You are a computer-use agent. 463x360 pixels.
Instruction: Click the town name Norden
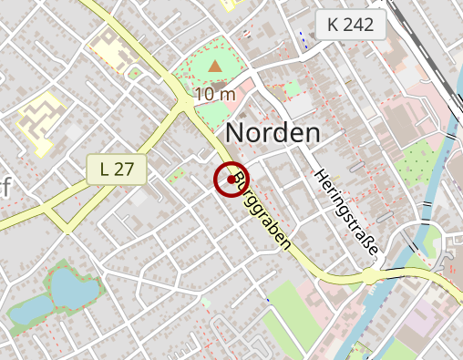click(x=273, y=133)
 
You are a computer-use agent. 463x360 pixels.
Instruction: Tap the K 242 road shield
click(x=350, y=26)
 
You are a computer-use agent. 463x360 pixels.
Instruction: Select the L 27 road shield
click(x=118, y=169)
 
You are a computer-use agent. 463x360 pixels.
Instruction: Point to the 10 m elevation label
click(x=215, y=93)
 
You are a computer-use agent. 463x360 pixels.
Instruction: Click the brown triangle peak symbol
click(x=215, y=67)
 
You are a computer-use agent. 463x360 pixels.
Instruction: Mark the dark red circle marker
click(x=231, y=180)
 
